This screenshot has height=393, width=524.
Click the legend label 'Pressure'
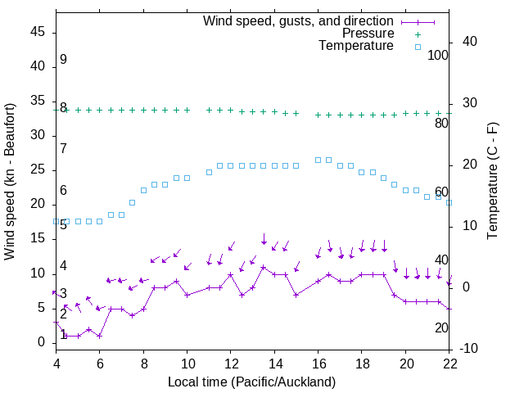coord(368,34)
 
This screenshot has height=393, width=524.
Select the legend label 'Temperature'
coord(356,46)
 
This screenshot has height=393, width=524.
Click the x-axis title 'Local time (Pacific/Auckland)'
coord(251,382)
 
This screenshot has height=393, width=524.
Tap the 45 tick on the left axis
coord(38,32)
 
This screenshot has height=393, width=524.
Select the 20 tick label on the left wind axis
coord(38,204)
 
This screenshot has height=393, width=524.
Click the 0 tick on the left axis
coord(42,342)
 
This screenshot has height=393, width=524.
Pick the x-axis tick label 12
coord(231,363)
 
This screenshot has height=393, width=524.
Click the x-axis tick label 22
coord(449,363)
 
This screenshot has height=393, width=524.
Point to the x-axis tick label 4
coord(56,363)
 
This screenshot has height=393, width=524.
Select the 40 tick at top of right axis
coord(470,41)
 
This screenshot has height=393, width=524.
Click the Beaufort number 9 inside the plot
coord(63,60)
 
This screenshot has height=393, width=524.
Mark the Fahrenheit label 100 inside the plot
coord(438,56)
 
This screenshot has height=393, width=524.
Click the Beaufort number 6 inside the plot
coord(63,190)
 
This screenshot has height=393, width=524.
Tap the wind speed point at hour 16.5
coord(329,274)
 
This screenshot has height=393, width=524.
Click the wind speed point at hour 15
coord(296,295)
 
